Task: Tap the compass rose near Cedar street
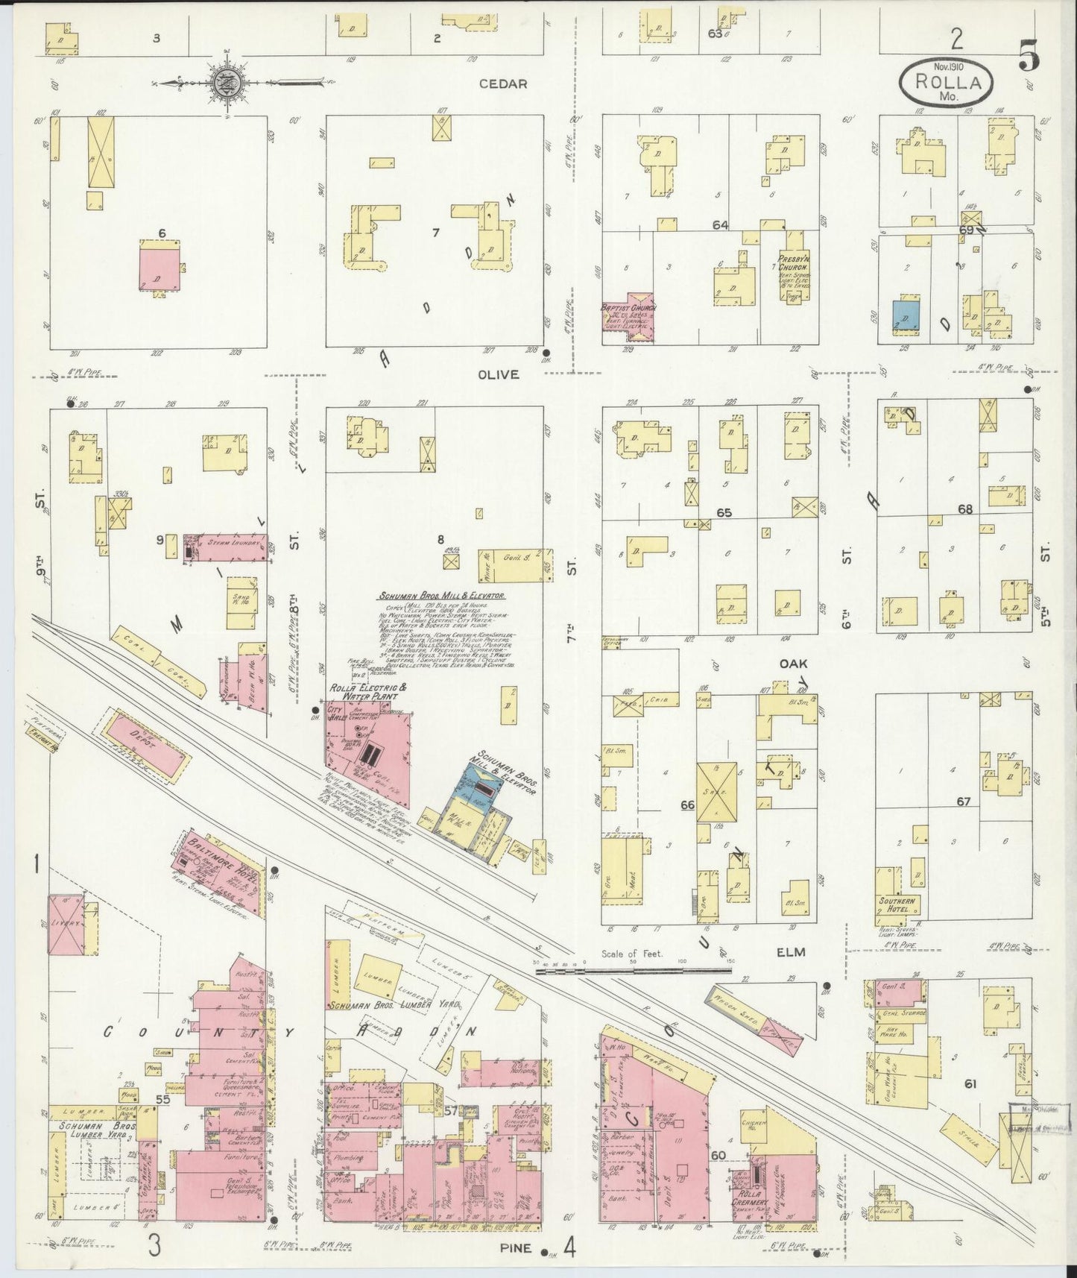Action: pyautogui.click(x=224, y=83)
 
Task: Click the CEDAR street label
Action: pyautogui.click(x=503, y=84)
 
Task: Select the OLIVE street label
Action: pyautogui.click(x=499, y=374)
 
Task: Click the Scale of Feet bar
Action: pyautogui.click(x=634, y=971)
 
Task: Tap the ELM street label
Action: pyautogui.click(x=793, y=952)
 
